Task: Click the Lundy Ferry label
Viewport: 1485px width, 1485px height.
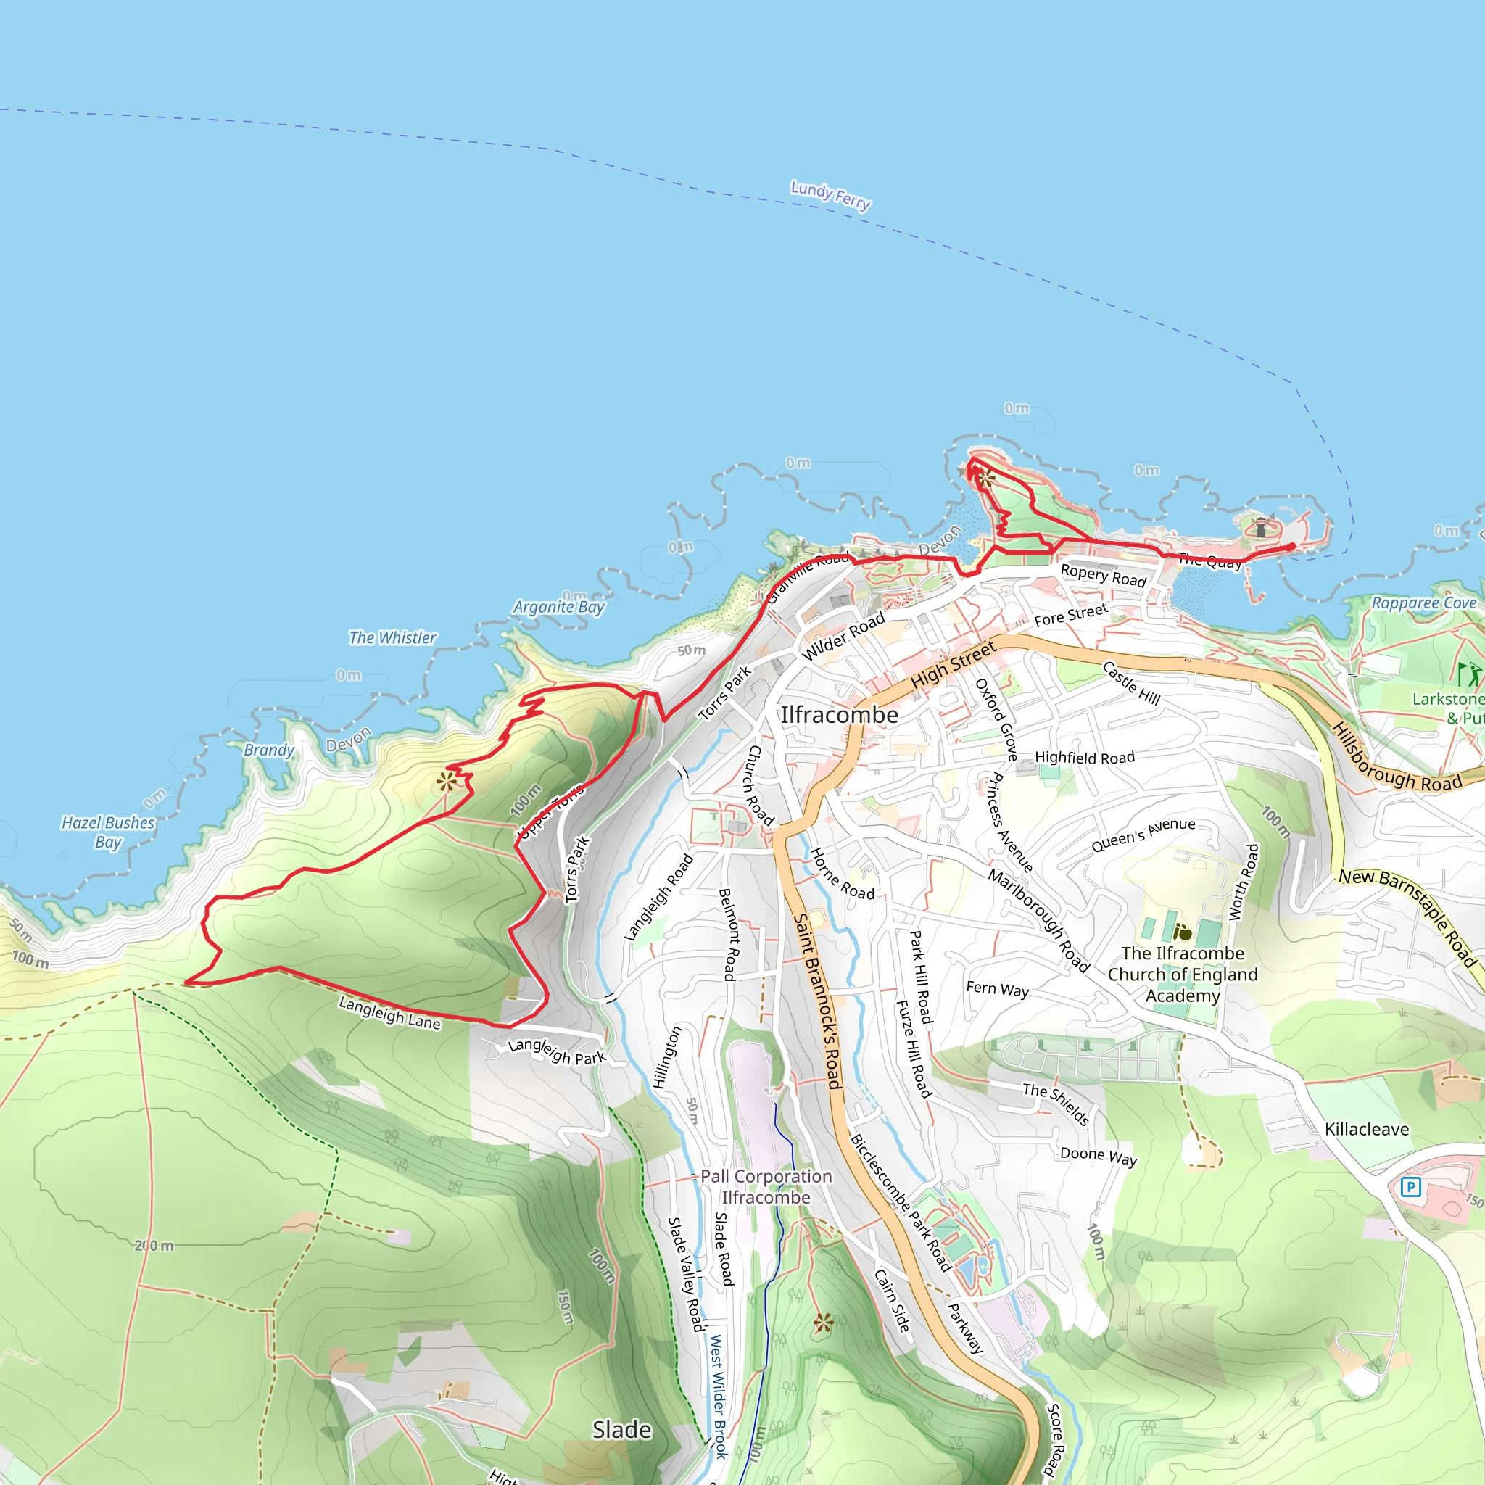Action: (x=830, y=195)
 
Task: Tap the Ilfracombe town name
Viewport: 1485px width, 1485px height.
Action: (x=840, y=715)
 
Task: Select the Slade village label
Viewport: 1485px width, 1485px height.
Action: (x=622, y=1430)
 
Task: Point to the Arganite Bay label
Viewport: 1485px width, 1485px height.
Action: (x=559, y=607)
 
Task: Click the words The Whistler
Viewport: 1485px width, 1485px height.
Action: (x=392, y=638)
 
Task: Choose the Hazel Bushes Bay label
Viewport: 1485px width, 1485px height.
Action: (x=108, y=832)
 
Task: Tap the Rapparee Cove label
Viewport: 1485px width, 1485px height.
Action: (x=1423, y=603)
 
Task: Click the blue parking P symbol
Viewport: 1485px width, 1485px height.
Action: (x=1410, y=1188)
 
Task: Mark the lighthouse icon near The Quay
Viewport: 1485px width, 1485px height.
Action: (x=1260, y=528)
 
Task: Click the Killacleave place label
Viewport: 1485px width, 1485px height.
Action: (x=1367, y=1129)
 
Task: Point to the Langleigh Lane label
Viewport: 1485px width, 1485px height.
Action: (x=389, y=1013)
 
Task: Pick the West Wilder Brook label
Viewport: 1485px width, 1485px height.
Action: (x=718, y=1396)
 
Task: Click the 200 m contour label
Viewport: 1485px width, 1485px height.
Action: (x=154, y=1245)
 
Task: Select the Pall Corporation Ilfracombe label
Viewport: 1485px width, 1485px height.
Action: (x=766, y=1187)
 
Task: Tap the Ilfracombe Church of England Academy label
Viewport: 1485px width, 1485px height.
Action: (x=1182, y=975)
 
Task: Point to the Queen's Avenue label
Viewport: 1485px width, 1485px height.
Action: (x=1143, y=835)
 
